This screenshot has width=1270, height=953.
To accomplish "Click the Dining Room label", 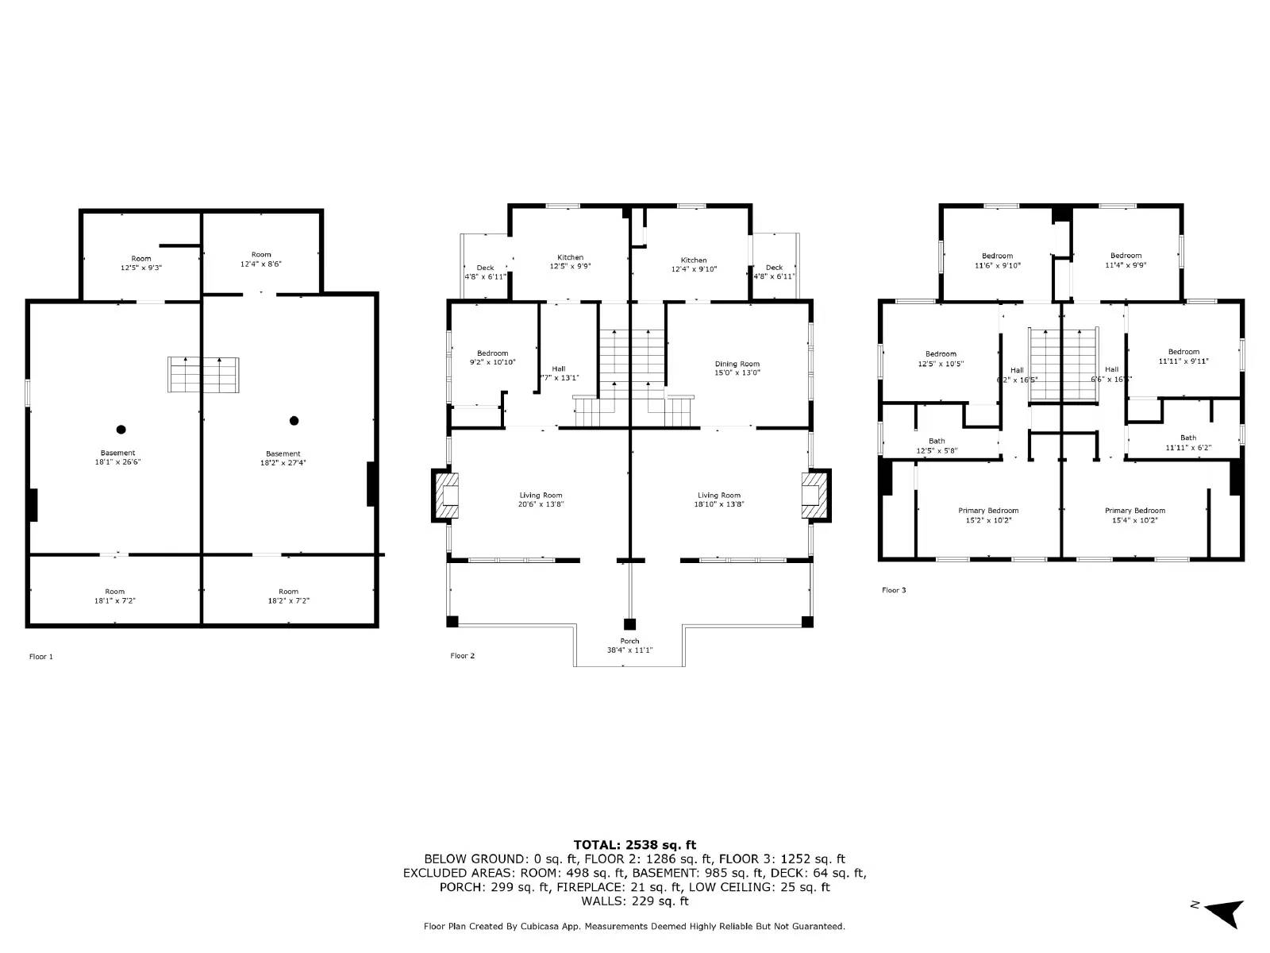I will [x=737, y=368].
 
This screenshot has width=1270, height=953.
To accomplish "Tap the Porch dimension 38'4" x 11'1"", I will [x=629, y=650].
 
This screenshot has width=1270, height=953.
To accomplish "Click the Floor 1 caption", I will [x=41, y=657].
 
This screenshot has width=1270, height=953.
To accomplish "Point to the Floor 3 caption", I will [x=894, y=590].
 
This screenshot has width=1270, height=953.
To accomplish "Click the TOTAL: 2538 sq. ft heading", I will [x=634, y=844].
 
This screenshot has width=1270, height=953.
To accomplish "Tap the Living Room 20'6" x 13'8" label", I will [x=541, y=500].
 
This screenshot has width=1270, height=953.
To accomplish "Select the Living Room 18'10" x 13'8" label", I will [x=719, y=500].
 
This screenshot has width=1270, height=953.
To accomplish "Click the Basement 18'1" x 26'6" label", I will [x=117, y=457].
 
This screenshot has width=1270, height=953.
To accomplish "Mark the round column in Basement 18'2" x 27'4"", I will [x=294, y=421].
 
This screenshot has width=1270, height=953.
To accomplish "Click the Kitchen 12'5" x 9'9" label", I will [x=570, y=261].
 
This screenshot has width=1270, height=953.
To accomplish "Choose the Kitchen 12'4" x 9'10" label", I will [x=694, y=264].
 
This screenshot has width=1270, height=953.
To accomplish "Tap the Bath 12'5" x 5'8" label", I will [x=937, y=446].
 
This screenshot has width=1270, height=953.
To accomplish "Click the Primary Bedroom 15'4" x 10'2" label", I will [x=1135, y=515].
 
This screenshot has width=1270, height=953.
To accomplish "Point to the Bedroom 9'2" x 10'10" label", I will [x=492, y=357].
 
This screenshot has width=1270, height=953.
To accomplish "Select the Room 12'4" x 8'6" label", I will [x=261, y=259].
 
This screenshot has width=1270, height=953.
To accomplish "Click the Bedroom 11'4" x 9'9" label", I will [x=1126, y=260].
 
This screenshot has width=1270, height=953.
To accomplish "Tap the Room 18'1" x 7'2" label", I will [x=114, y=596].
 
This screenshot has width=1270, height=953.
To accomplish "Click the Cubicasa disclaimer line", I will [x=634, y=926].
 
